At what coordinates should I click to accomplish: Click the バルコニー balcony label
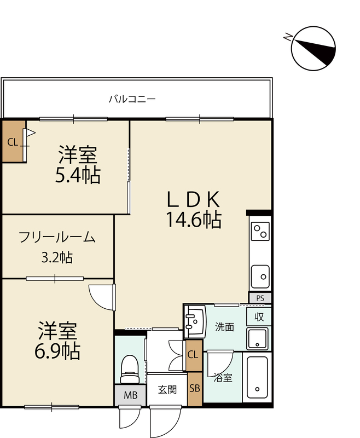(132, 99)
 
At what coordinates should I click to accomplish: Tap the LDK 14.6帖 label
(194, 210)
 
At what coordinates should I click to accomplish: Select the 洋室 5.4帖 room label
(78, 165)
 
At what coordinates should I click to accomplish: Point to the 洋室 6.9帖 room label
(57, 341)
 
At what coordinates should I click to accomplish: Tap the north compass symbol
(313, 48)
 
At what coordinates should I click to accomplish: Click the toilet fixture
(130, 369)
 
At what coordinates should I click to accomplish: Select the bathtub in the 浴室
(257, 377)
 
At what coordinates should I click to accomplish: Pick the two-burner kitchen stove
(260, 231)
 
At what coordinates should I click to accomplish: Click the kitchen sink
(260, 276)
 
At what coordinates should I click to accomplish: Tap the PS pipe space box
(260, 298)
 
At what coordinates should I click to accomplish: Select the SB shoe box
(195, 389)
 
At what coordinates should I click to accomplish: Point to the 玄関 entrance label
(167, 390)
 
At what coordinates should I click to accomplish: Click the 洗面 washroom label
(224, 327)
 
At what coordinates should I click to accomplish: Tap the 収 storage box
(259, 317)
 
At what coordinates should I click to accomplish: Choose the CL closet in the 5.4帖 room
(13, 141)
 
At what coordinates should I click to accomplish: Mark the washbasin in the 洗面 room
(195, 321)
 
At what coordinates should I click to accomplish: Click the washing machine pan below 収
(257, 339)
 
